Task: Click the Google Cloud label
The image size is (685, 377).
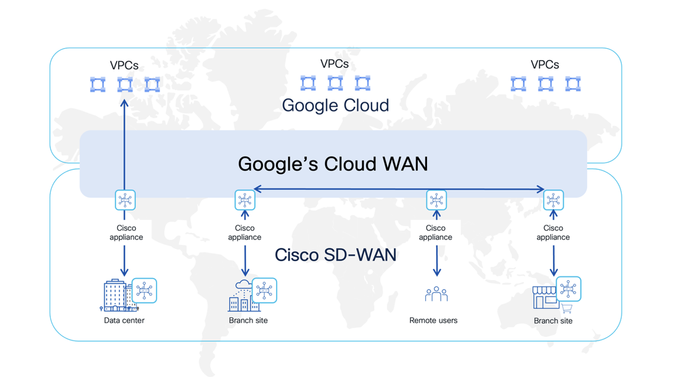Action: pyautogui.click(x=335, y=105)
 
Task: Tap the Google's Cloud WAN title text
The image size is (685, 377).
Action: pyautogui.click(x=333, y=164)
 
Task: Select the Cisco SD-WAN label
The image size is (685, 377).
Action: pyautogui.click(x=335, y=255)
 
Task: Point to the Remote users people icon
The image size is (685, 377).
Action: pyautogui.click(x=436, y=294)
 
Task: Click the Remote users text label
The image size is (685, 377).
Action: pyautogui.click(x=433, y=321)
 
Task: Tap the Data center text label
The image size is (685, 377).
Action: pyautogui.click(x=124, y=321)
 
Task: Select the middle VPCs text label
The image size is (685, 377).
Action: pyautogui.click(x=334, y=64)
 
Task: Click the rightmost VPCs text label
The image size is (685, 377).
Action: pyautogui.click(x=545, y=65)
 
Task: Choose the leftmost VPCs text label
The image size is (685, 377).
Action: pyautogui.click(x=124, y=65)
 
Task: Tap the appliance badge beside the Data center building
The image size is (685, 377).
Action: pyautogui.click(x=144, y=291)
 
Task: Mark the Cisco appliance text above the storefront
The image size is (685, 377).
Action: pyautogui.click(x=553, y=233)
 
